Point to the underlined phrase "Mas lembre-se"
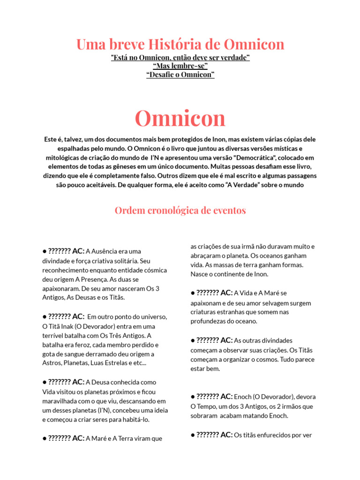pyautogui.click(x=180, y=66)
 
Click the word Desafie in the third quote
pyautogui.click(x=162, y=75)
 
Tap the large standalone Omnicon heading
pyautogui.click(x=180, y=118)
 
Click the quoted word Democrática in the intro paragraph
pyautogui.click(x=255, y=157)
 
